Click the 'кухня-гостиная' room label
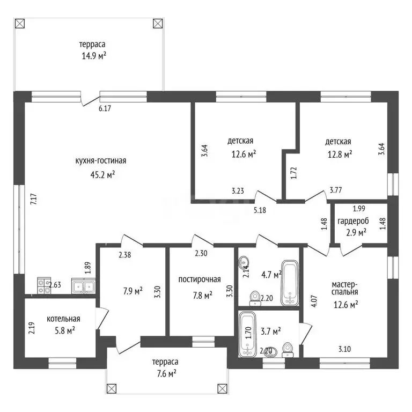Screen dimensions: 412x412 (101, 161)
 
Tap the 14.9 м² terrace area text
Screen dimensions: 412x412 (94, 56)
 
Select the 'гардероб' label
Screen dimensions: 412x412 (353, 221)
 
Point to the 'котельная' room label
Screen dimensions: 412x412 (63, 319)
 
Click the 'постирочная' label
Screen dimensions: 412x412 (200, 279)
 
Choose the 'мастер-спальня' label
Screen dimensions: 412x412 (345, 288)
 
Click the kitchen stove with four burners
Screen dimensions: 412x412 (44, 285)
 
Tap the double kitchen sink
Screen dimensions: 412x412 (83, 286)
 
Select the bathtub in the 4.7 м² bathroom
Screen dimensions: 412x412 (290, 283)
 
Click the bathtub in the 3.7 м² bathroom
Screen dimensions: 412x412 (247, 334)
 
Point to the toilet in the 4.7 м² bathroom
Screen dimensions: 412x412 (255, 298)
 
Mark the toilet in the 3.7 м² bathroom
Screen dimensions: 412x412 (288, 350)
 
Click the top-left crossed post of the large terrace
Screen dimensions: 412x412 (20, 24)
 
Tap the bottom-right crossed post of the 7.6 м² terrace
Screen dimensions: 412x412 (222, 388)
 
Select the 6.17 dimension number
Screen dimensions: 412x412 (105, 108)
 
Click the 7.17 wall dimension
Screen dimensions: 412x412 (34, 200)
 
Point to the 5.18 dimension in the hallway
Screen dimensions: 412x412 (260, 210)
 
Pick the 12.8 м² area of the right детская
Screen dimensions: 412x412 (340, 154)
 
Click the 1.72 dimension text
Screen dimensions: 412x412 (294, 173)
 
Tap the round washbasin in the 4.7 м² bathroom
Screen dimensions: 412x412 (244, 262)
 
